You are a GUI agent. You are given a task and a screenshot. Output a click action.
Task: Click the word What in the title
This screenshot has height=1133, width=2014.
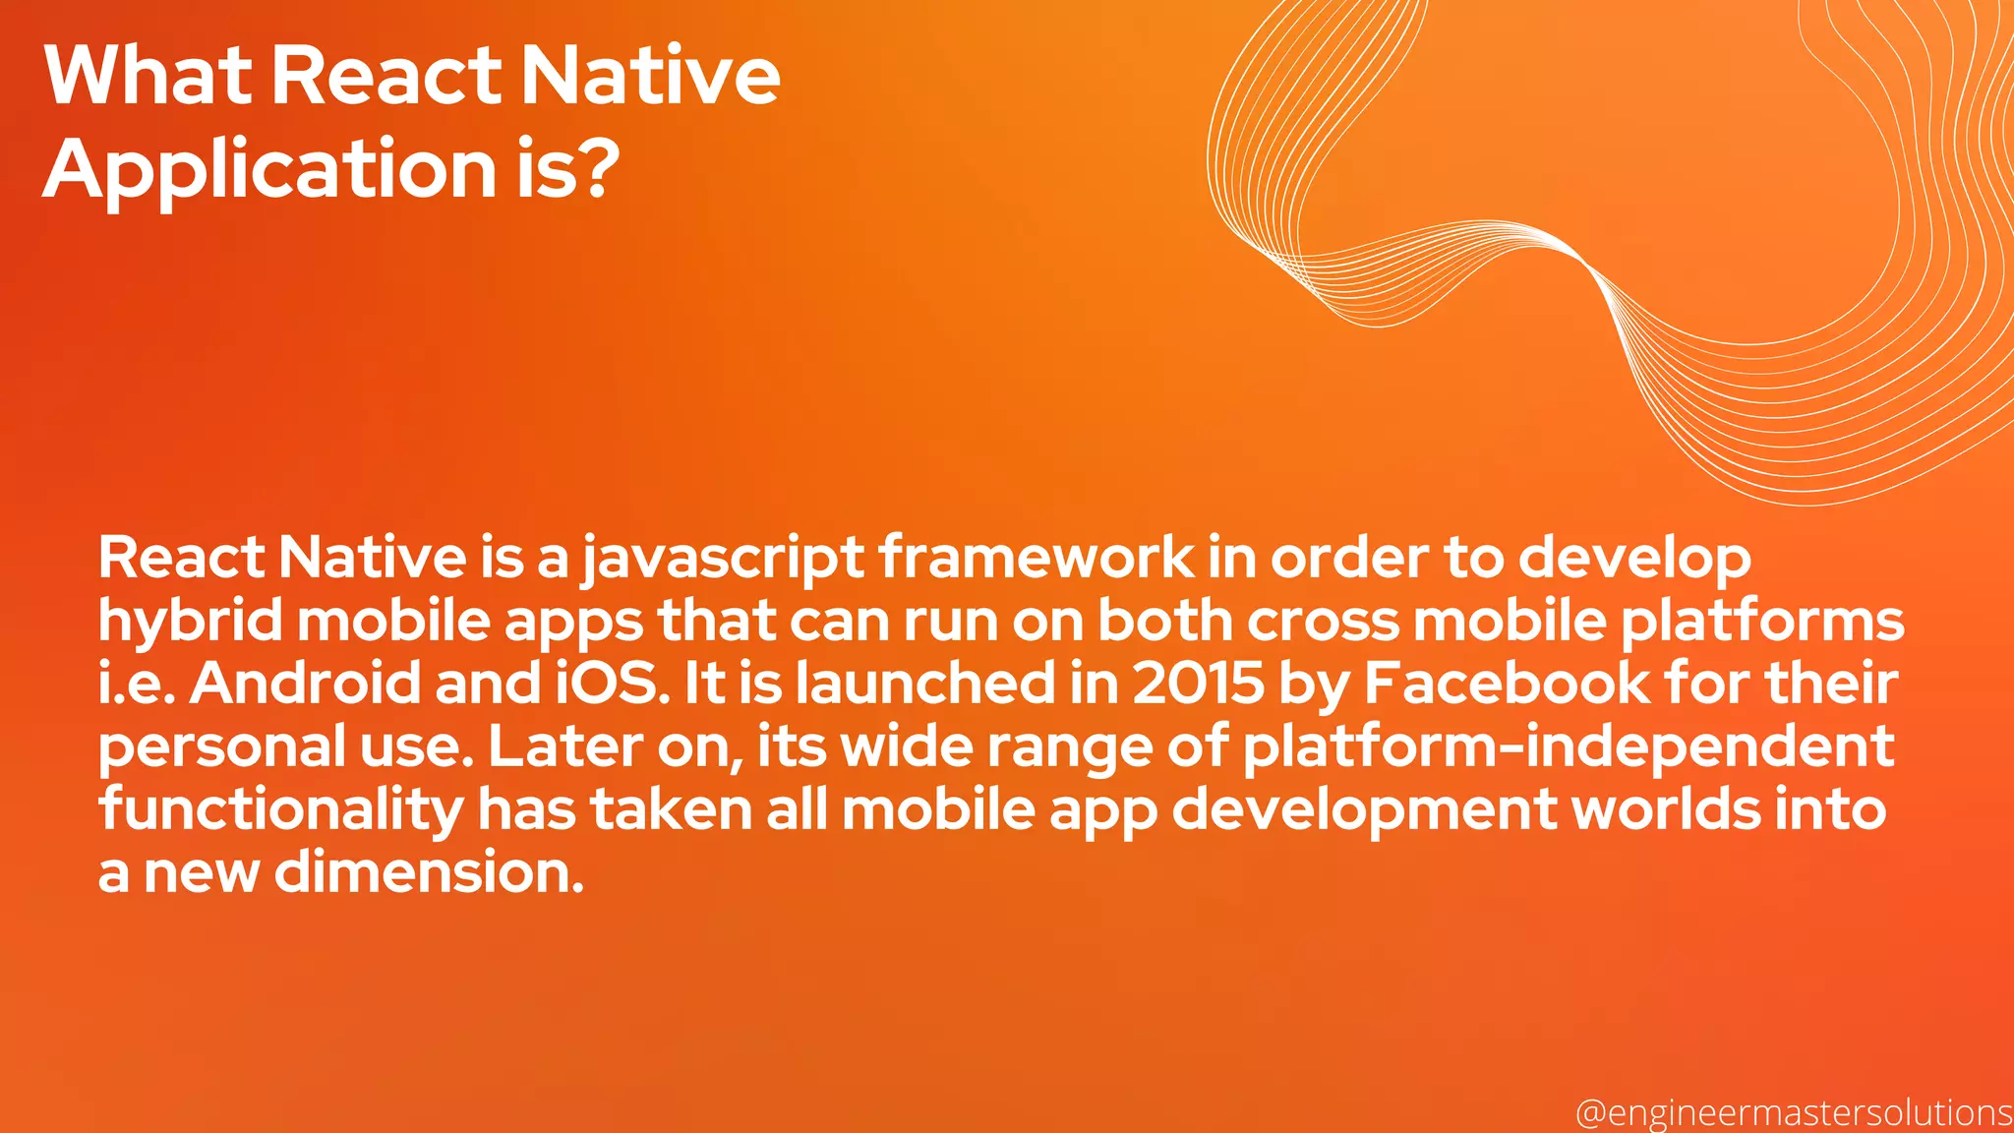click(148, 76)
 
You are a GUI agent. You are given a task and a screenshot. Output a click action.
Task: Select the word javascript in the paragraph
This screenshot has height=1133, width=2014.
click(724, 559)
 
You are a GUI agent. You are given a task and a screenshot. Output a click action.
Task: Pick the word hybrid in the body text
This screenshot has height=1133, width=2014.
click(190, 622)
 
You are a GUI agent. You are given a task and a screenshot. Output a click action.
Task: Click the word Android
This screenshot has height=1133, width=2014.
click(305, 684)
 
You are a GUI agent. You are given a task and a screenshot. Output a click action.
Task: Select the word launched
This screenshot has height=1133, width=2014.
click(924, 684)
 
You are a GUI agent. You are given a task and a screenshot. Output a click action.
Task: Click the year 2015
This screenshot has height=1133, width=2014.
click(1198, 684)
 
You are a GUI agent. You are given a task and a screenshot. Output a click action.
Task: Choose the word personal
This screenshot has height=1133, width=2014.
click(221, 747)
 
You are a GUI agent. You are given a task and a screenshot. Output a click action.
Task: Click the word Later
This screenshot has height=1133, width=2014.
click(564, 746)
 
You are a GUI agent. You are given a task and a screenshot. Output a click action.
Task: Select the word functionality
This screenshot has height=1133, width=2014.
click(280, 811)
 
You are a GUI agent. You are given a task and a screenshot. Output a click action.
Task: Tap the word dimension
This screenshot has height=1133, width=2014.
click(429, 872)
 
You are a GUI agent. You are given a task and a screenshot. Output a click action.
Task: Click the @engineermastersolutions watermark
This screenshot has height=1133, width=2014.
click(1794, 1112)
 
